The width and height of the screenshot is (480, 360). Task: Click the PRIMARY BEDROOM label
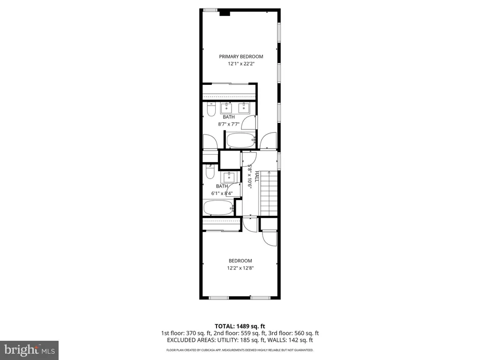pyautogui.click(x=241, y=56)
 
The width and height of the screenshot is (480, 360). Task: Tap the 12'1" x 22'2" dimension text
pyautogui.click(x=241, y=64)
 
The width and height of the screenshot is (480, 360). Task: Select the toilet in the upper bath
pyautogui.click(x=211, y=109)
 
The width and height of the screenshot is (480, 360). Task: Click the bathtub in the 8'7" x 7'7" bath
pyautogui.click(x=240, y=140)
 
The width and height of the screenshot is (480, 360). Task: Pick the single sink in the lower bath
pyautogui.click(x=229, y=177)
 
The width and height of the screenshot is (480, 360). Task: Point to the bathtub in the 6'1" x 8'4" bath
pyautogui.click(x=218, y=208)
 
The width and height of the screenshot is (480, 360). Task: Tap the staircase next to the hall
pyautogui.click(x=269, y=194)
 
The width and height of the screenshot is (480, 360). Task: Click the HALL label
pyautogui.click(x=256, y=177)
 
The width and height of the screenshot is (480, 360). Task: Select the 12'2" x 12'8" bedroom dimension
pyautogui.click(x=240, y=268)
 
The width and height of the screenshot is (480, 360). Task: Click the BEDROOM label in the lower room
pyautogui.click(x=240, y=261)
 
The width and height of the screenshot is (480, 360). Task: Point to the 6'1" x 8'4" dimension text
pyautogui.click(x=222, y=194)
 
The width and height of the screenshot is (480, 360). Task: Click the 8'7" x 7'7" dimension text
pyautogui.click(x=229, y=124)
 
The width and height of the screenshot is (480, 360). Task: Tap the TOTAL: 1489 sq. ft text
pyautogui.click(x=240, y=326)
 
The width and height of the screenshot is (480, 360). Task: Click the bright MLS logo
pyautogui.click(x=30, y=350)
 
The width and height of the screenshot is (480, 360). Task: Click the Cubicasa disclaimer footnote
pyautogui.click(x=240, y=350)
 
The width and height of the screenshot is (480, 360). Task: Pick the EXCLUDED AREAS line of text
pyautogui.click(x=240, y=340)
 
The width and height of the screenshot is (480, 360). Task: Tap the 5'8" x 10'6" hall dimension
pyautogui.click(x=249, y=177)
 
